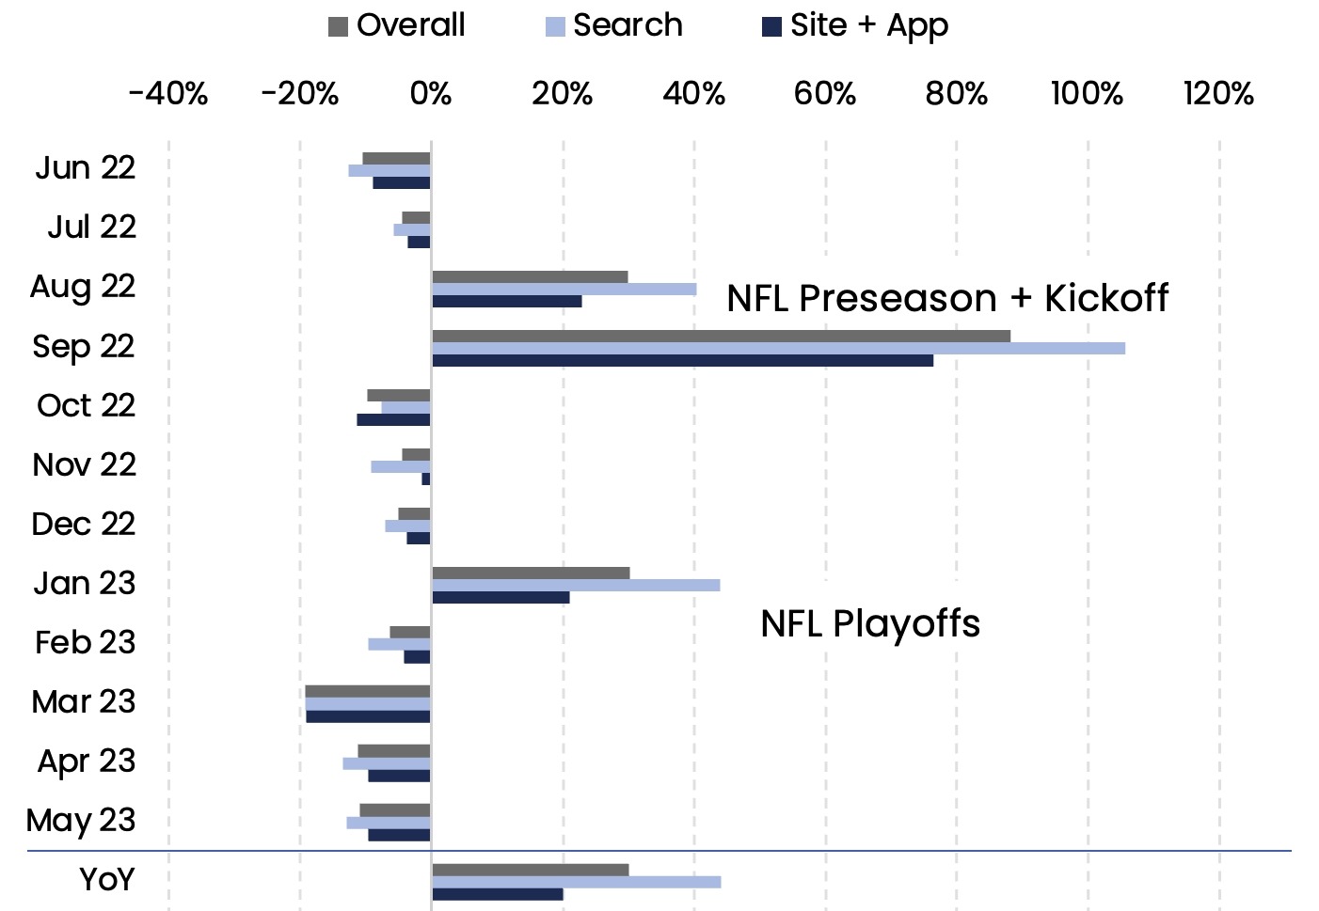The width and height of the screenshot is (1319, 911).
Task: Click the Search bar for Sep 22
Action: click(x=778, y=349)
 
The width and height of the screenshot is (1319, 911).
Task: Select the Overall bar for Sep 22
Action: click(x=721, y=337)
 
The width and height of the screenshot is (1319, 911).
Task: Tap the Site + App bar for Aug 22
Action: click(x=507, y=302)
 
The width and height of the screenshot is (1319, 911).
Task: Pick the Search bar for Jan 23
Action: click(x=576, y=586)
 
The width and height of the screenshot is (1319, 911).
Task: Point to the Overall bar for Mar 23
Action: click(x=368, y=692)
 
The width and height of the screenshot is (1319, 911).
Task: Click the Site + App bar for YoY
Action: click(x=498, y=894)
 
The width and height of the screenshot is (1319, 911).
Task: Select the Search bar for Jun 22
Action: click(x=389, y=171)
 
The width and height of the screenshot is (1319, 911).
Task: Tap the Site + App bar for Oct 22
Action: click(x=393, y=419)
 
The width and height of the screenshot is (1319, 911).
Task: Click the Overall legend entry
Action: click(x=396, y=25)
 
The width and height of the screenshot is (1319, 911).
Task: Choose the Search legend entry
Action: click(x=614, y=25)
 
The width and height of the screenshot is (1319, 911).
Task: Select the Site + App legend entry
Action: click(x=855, y=25)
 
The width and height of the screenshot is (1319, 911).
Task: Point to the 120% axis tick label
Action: click(x=1218, y=94)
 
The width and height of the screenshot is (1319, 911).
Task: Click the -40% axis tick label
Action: click(x=168, y=94)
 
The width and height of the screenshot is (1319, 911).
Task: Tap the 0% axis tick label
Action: click(x=431, y=94)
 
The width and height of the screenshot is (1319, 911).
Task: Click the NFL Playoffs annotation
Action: click(x=870, y=623)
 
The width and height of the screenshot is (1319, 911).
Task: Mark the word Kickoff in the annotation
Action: click(x=1106, y=298)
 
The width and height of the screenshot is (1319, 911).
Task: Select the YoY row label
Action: click(x=107, y=880)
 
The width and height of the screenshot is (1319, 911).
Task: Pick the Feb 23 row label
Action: click(x=85, y=643)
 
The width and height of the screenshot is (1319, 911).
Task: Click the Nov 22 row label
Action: click(x=84, y=465)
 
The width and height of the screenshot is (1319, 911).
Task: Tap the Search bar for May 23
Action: click(x=389, y=823)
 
